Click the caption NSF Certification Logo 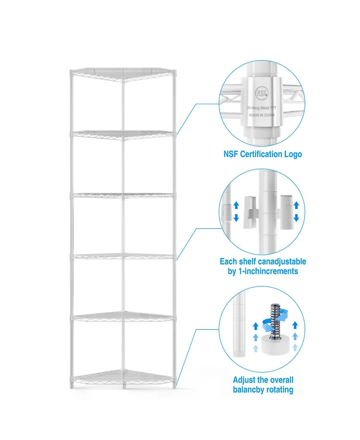click(x=263, y=154)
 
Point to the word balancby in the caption click(x=249, y=390)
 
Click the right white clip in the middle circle click(x=284, y=211)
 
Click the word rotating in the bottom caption click(x=279, y=390)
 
